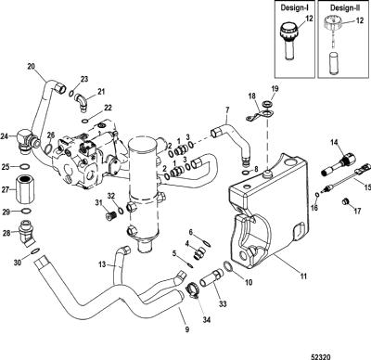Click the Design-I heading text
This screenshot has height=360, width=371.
click(x=295, y=7)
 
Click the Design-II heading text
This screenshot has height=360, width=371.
click(x=344, y=7)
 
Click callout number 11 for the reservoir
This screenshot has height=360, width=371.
click(x=303, y=276)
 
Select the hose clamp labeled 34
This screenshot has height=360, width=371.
click(x=192, y=291)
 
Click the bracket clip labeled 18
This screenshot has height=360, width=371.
click(x=259, y=116)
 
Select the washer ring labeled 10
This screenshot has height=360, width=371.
click(x=227, y=266)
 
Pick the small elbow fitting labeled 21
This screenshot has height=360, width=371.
click(x=81, y=102)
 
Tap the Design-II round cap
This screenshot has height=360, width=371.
click(x=332, y=23)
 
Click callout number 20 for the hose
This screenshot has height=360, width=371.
click(x=32, y=66)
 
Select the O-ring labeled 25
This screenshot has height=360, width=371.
click(x=25, y=167)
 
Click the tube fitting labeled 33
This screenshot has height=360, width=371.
click(x=211, y=278)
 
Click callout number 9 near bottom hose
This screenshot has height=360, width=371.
click(x=187, y=329)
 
